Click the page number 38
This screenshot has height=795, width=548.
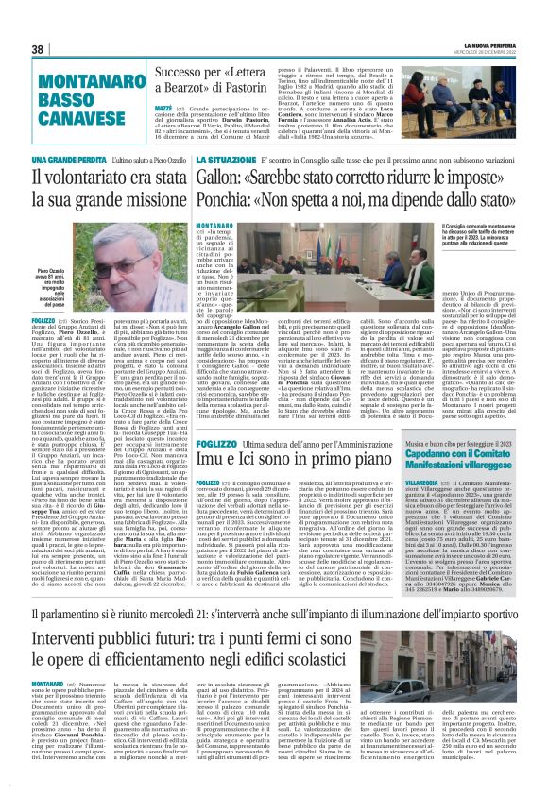click(38, 48)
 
